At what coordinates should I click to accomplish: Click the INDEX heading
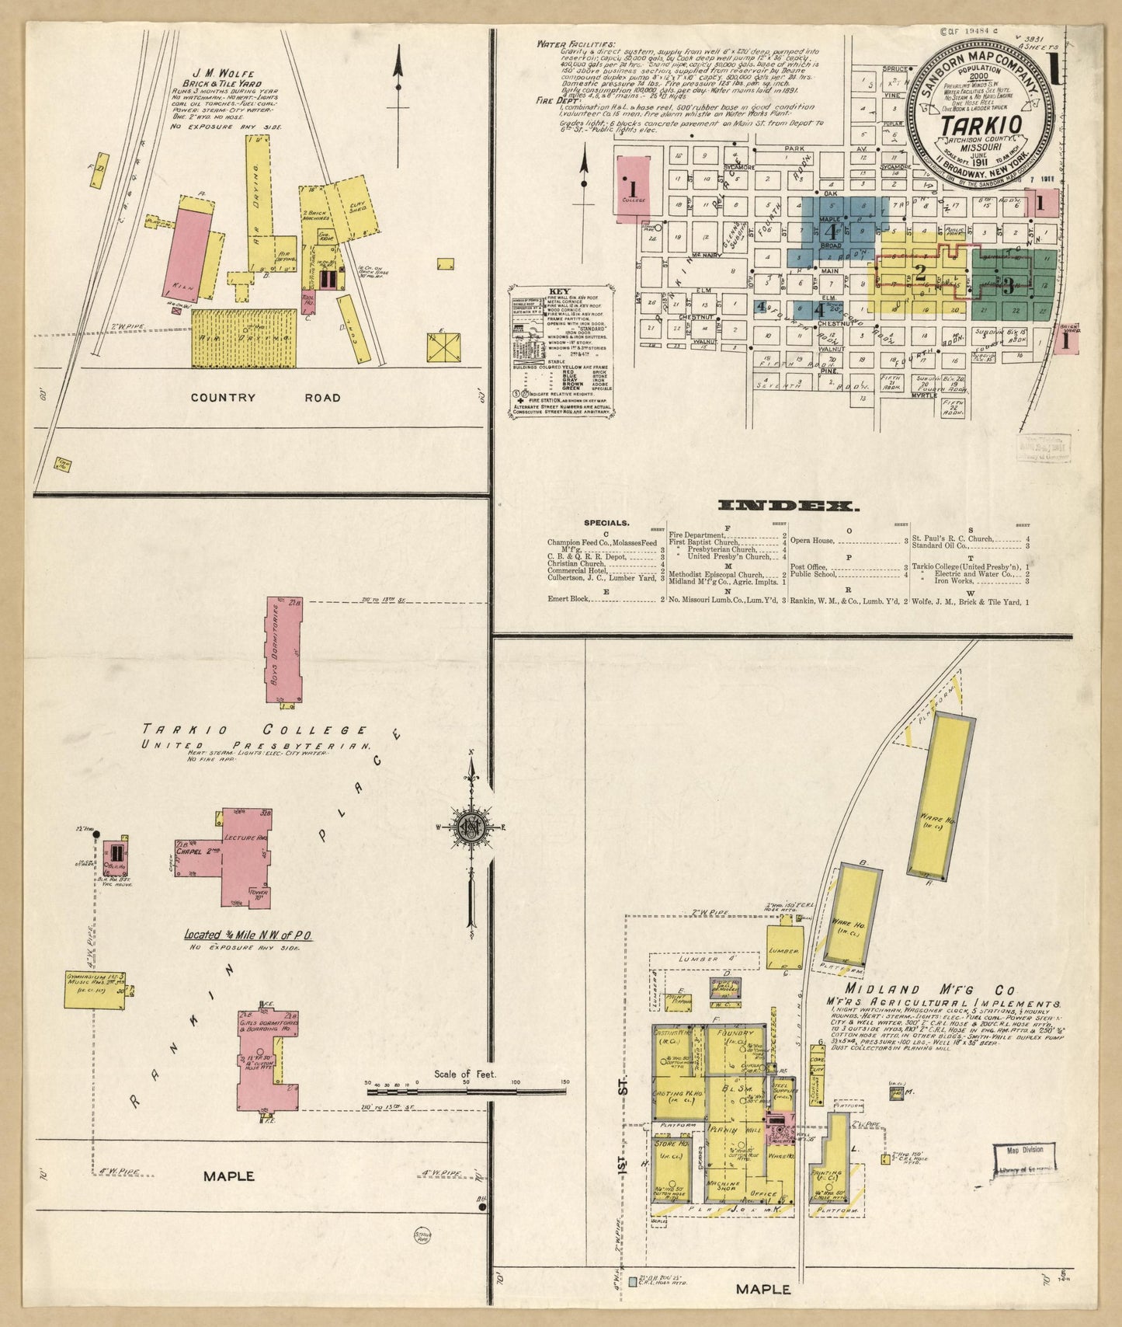pyautogui.click(x=789, y=506)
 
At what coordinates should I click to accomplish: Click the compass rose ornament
pyautogui.click(x=471, y=828)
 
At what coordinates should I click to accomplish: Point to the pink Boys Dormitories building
pyautogui.click(x=283, y=650)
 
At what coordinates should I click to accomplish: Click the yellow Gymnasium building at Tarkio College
pyautogui.click(x=96, y=990)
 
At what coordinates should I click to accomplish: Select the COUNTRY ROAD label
pyautogui.click(x=266, y=398)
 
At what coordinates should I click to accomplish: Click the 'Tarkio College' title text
pyautogui.click(x=255, y=730)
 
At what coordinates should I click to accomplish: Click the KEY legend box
pyautogui.click(x=564, y=354)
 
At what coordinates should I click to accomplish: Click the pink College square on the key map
pyautogui.click(x=632, y=189)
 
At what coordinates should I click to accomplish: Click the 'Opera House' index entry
pyautogui.click(x=812, y=541)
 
